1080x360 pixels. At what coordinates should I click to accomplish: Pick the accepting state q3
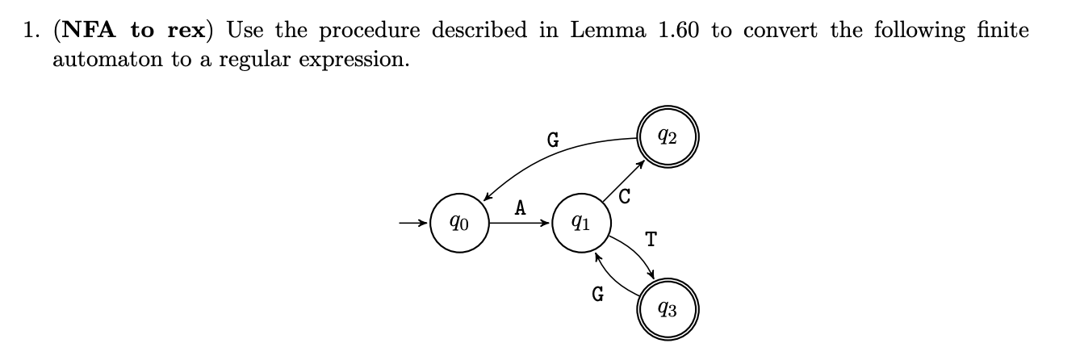[668, 308]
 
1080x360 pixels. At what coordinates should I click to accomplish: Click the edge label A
[521, 208]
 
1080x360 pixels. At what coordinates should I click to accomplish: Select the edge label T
[651, 239]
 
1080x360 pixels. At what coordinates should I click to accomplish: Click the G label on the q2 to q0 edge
[553, 140]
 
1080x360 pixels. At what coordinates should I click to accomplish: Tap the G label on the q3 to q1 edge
[598, 295]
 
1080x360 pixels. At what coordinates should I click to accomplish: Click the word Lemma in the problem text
[605, 31]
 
